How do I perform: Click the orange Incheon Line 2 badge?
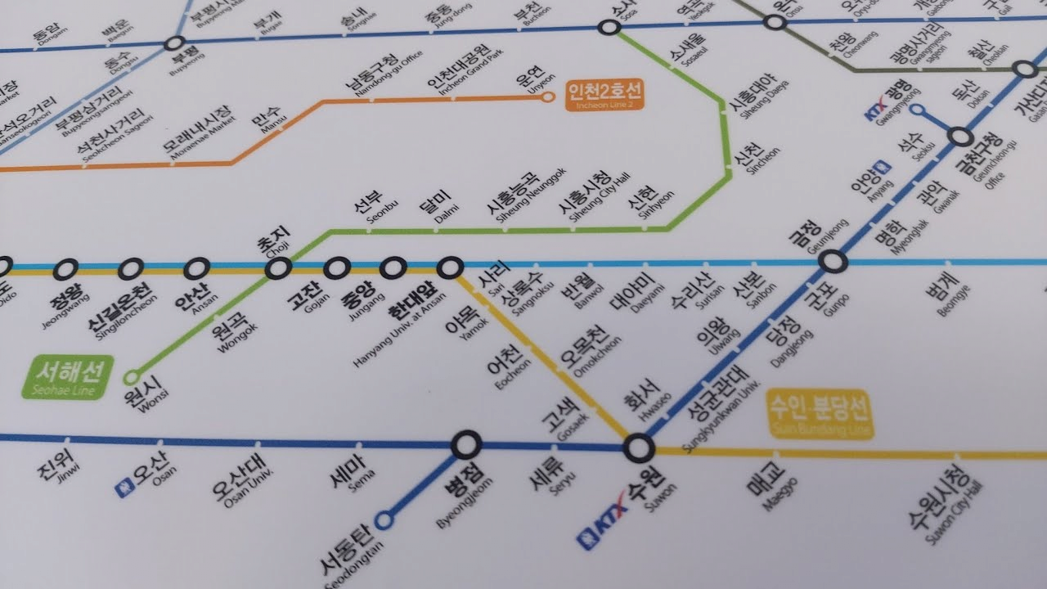(x=604, y=94)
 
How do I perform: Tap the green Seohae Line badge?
(x=68, y=376)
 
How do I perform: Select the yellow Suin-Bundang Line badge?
(x=820, y=413)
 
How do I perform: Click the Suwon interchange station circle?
(x=639, y=448)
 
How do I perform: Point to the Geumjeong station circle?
(x=833, y=263)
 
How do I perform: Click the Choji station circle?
(x=279, y=268)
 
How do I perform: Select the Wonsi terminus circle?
(x=132, y=377)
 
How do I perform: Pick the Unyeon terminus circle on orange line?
(x=548, y=97)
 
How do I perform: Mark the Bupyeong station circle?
(x=174, y=44)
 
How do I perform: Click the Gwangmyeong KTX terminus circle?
(x=917, y=110)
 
